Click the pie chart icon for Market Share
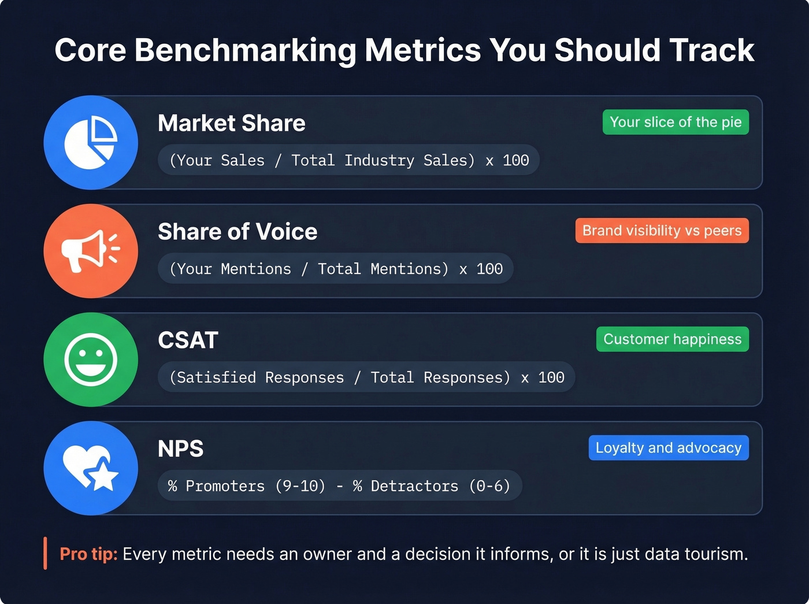point(91,142)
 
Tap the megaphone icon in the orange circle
point(91,251)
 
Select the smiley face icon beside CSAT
point(91,360)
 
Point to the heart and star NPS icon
point(91,468)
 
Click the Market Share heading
point(231,123)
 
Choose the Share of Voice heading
point(237,232)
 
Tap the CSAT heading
point(188,340)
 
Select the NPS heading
point(180,449)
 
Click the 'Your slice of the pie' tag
point(676,122)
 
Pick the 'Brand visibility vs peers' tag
point(662,231)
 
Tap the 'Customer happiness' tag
point(672,339)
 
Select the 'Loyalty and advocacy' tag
point(669,448)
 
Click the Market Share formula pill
point(348,160)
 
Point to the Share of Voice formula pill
point(336,269)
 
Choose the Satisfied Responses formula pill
point(366,377)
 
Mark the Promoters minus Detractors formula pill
point(339,486)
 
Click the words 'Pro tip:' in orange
point(88,554)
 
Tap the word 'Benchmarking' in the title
point(245,50)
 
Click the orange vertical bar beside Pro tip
point(45,553)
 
